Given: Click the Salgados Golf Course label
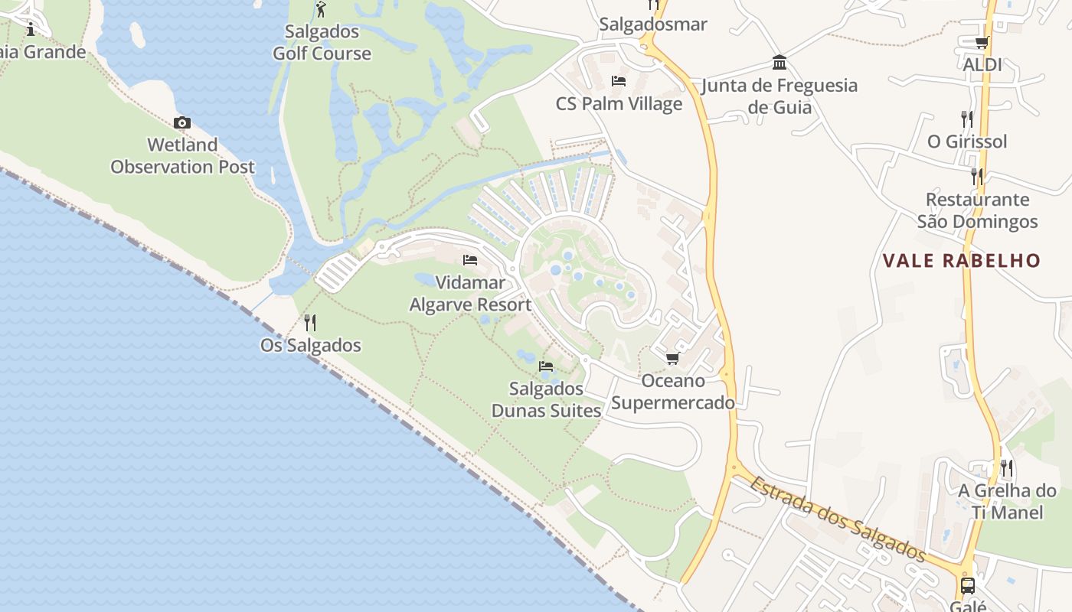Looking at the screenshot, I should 322,43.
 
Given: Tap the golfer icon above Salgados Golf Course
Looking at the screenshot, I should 321,10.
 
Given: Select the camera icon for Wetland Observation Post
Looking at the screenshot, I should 181,122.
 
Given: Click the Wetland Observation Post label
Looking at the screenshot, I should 182,155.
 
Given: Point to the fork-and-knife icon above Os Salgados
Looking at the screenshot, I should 309,322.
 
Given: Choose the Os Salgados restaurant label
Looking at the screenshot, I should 310,345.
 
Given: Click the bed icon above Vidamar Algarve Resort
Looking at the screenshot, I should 470,260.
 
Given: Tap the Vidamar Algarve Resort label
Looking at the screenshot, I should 470,294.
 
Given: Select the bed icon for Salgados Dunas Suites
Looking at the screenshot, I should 546,366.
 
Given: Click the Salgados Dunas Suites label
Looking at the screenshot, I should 546,400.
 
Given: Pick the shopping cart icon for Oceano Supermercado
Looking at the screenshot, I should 672,358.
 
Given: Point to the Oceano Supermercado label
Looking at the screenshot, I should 672,392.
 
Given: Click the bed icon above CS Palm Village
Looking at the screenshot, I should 619,81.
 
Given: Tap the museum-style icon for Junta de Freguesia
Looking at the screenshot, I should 779,62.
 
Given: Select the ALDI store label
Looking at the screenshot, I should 982,65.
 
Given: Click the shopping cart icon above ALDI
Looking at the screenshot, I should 982,43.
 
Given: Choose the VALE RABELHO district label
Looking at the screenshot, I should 962,261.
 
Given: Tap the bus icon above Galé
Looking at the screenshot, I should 968,586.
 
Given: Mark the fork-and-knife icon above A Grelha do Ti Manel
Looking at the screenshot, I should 1006,467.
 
